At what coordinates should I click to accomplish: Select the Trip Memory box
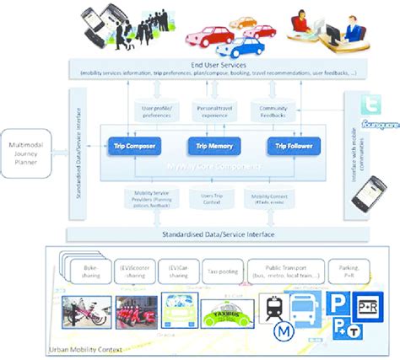(x=208, y=146)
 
